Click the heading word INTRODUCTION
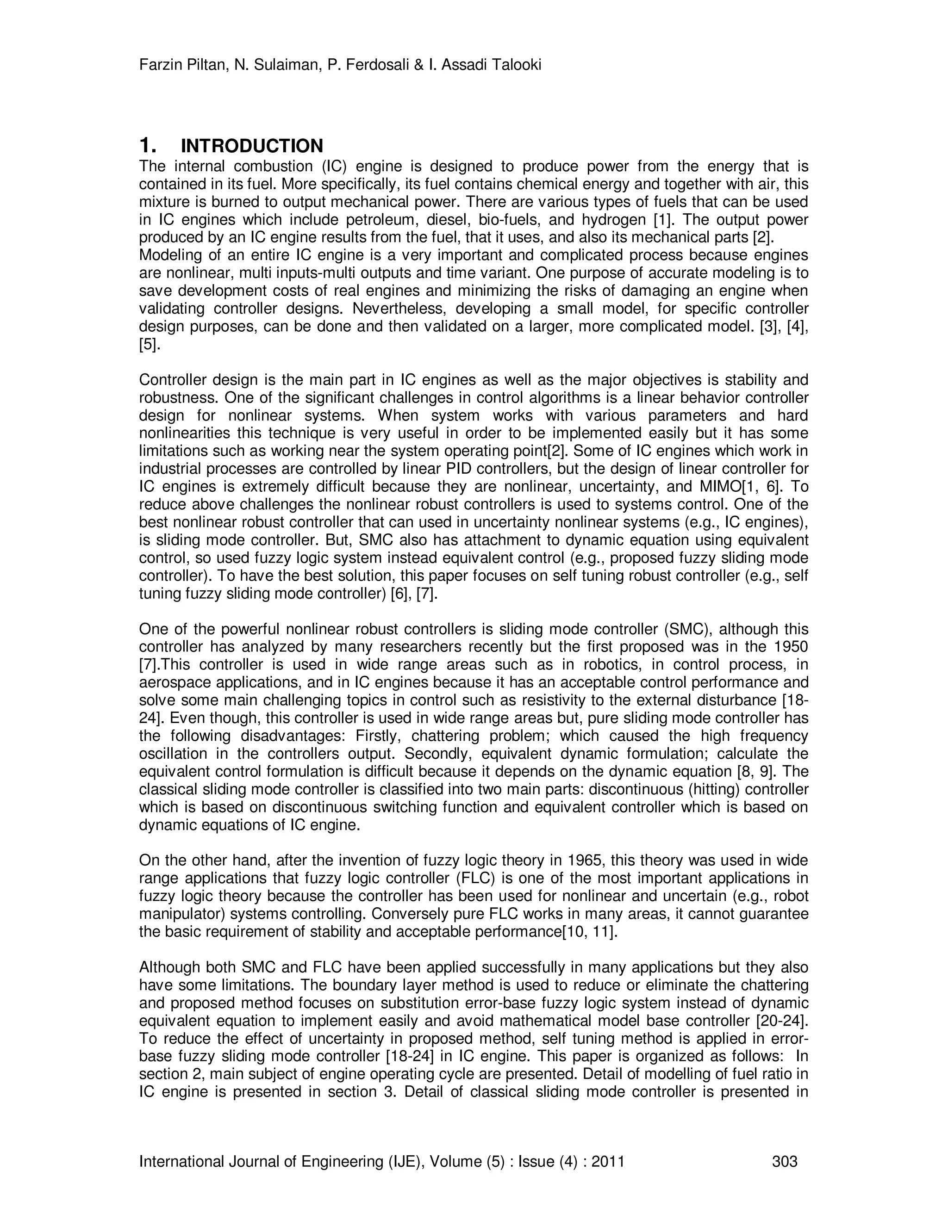tap(252, 146)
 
